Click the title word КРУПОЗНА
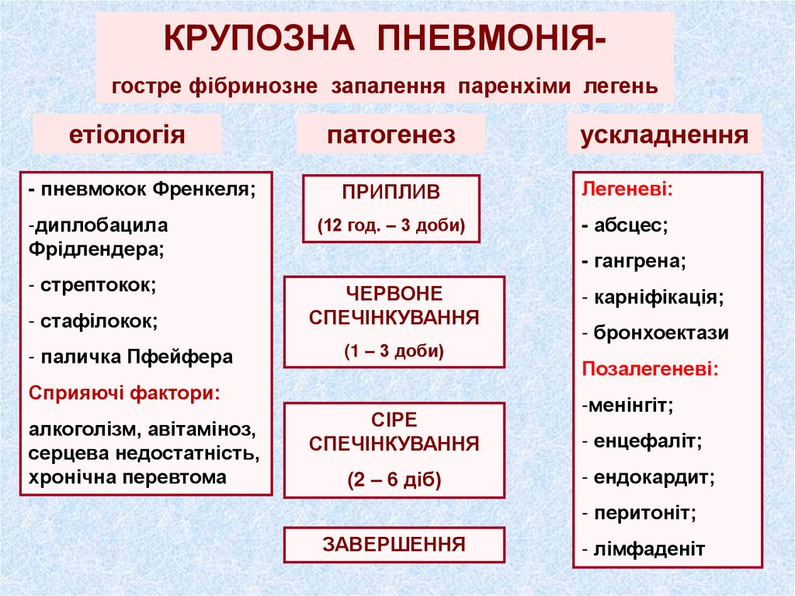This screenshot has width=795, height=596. pos(260,38)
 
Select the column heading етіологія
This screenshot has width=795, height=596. pos(128,134)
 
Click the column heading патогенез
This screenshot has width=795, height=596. pos(391,134)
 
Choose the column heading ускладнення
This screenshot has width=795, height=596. pos(665,134)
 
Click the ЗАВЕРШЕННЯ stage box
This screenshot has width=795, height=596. pos(394,544)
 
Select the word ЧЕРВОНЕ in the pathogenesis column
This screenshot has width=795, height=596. pos(394,294)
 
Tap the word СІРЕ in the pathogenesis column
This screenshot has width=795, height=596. pos(394,420)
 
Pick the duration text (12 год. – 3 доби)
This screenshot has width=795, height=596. pos(391,226)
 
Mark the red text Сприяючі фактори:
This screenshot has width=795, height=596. pos(125,392)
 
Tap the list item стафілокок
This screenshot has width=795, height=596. pos(99,320)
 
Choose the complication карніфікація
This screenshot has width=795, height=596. pos(658,298)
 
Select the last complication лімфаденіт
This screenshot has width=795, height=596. pos(649,549)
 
